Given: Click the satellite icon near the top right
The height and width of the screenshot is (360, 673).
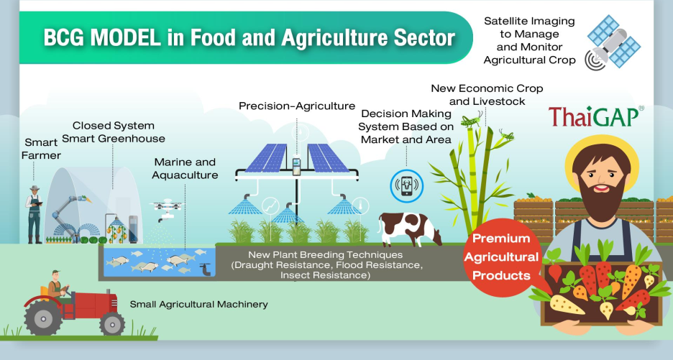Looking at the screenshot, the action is [613, 42].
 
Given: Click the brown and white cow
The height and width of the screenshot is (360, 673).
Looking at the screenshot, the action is [409, 229].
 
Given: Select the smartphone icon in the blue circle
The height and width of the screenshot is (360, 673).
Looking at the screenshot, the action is [406, 186].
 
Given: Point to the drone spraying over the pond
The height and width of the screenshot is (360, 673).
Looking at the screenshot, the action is [167, 209].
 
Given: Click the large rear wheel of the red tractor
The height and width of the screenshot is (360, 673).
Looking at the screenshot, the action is [43, 318].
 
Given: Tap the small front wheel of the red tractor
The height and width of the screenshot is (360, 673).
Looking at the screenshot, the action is [112, 323].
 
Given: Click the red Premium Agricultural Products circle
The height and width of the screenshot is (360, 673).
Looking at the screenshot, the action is [501, 257].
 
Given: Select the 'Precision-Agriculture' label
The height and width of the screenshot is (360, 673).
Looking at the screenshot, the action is [297, 106].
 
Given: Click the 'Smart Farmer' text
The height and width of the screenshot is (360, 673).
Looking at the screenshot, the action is [41, 149].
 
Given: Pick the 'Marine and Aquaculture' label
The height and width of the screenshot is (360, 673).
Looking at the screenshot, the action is [185, 169].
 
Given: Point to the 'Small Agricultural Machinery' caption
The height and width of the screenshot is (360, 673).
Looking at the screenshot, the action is [198, 304].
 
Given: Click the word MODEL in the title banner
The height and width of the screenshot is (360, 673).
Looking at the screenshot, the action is [126, 38].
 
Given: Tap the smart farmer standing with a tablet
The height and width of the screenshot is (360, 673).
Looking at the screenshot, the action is [34, 215].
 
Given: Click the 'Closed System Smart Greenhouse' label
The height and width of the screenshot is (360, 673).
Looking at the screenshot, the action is [114, 132].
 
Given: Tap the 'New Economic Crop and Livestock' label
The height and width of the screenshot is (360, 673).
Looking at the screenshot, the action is [487, 95].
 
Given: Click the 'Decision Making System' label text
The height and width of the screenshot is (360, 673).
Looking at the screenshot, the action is [406, 120].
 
